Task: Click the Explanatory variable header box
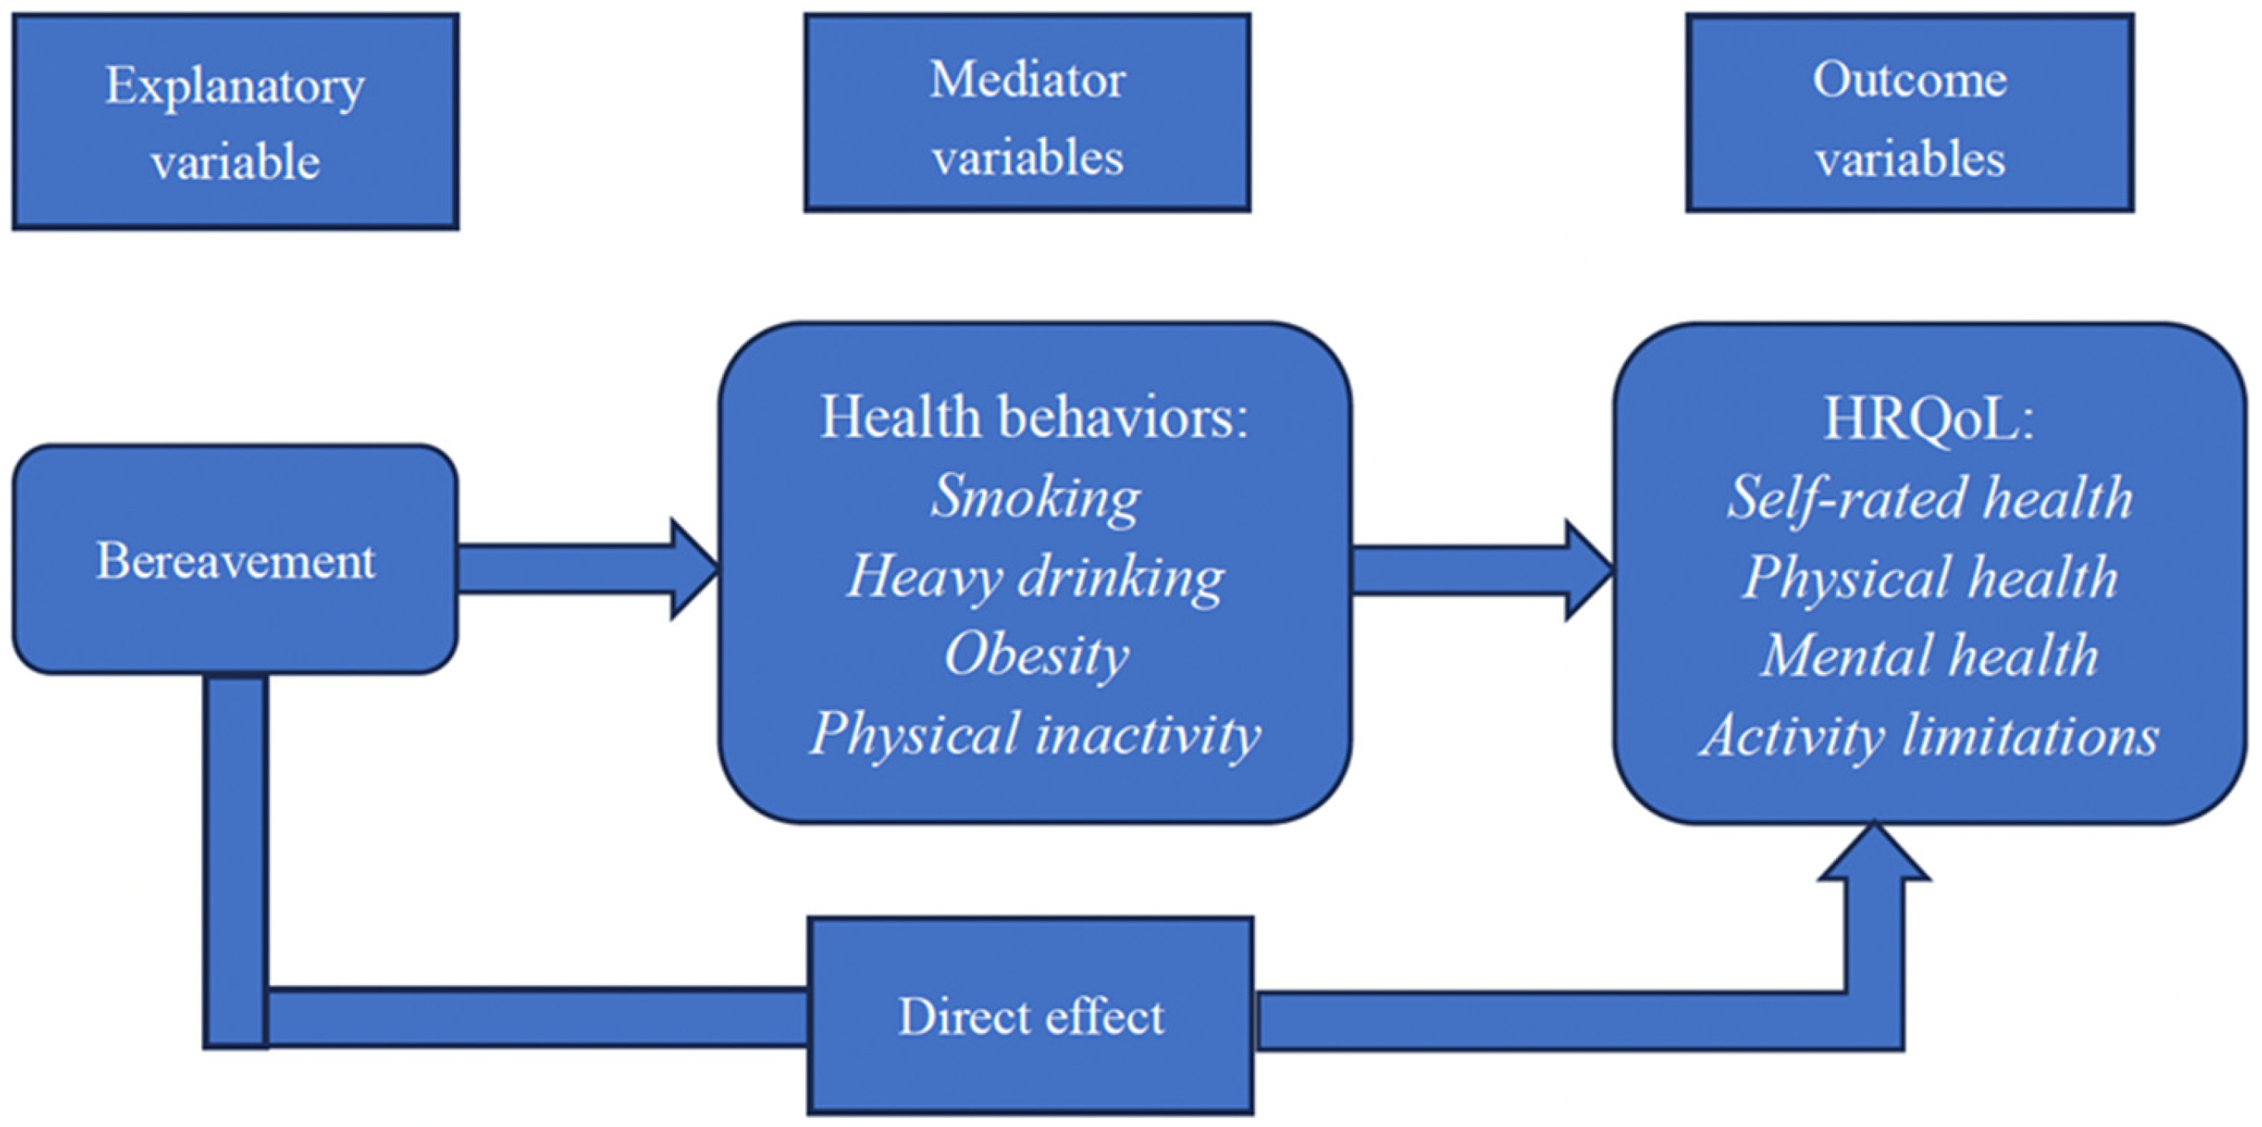click(x=235, y=121)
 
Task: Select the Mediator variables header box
click(x=1027, y=112)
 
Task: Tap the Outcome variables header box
click(x=1910, y=112)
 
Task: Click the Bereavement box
click(x=235, y=560)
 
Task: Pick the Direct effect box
click(x=1031, y=1016)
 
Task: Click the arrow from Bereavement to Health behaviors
click(x=588, y=569)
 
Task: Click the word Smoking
click(x=1036, y=497)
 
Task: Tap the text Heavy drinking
click(x=1036, y=577)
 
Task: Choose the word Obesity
click(x=1036, y=655)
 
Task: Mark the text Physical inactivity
click(x=1036, y=734)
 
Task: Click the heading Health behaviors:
click(x=1034, y=417)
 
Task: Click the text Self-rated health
click(x=1929, y=498)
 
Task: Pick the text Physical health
click(x=1929, y=577)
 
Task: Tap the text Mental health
click(x=1929, y=657)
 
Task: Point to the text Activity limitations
click(x=1929, y=736)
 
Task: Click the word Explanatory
click(x=235, y=86)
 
